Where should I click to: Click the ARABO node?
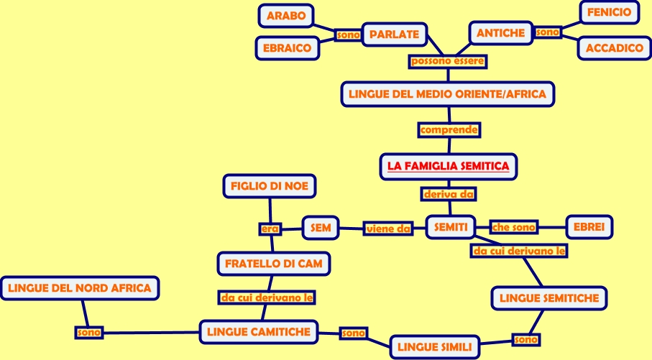(x=286, y=15)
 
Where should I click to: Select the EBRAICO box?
(x=287, y=48)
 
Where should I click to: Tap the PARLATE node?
(x=394, y=34)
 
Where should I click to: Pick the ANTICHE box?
(x=501, y=33)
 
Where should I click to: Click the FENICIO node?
(x=609, y=13)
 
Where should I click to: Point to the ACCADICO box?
(x=614, y=48)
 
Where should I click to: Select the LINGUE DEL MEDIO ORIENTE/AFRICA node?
(x=448, y=94)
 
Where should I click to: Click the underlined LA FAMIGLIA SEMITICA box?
(x=448, y=167)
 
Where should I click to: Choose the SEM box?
(x=321, y=228)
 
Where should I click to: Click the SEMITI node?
(x=451, y=228)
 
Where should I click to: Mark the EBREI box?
(x=589, y=227)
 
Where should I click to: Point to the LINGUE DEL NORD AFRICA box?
(x=79, y=289)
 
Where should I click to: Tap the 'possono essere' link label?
(x=448, y=62)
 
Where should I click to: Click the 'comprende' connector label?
(x=449, y=130)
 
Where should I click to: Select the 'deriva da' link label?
(x=449, y=194)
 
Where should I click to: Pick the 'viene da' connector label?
(x=387, y=229)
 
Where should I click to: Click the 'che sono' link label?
(x=514, y=228)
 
